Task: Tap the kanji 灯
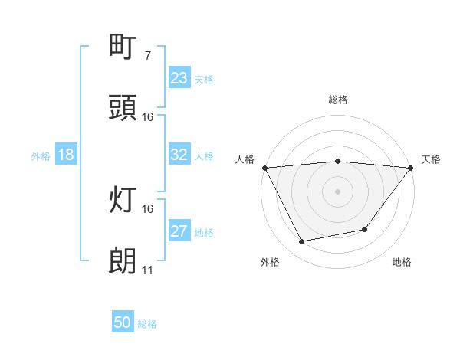tap(123, 200)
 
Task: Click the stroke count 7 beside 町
tap(147, 56)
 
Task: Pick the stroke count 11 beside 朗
tap(147, 270)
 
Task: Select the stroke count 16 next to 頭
tap(148, 117)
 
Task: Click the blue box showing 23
tap(179, 78)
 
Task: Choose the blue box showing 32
tap(179, 155)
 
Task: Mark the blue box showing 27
tap(179, 231)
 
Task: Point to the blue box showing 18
tap(66, 155)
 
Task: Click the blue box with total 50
tap(123, 323)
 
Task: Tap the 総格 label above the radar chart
tap(337, 100)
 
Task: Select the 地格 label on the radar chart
tap(402, 262)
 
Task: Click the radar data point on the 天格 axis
tap(411, 168)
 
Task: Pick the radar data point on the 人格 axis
tap(264, 168)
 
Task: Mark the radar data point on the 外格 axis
tap(302, 242)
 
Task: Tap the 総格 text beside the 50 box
tap(148, 324)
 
